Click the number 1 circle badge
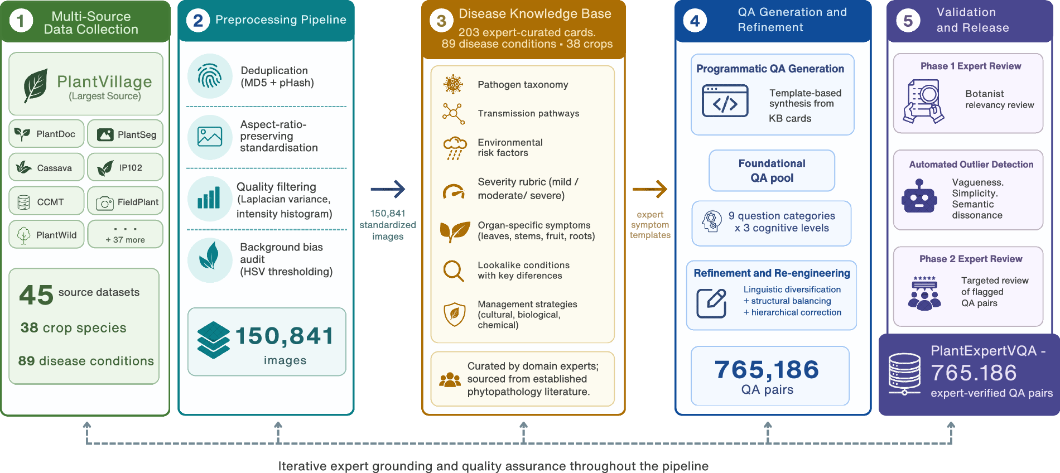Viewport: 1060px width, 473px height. tap(21, 22)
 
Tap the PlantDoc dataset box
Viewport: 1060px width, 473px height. tap(47, 134)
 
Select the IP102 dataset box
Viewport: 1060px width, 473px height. tap(125, 167)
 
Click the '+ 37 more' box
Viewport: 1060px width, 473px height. tap(125, 234)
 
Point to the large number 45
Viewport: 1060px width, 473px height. tap(36, 295)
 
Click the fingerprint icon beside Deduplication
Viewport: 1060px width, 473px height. tap(210, 76)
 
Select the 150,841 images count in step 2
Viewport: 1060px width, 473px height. tap(285, 336)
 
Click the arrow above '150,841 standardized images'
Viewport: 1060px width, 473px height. tap(388, 189)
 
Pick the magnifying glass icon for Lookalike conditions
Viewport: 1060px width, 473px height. tap(454, 271)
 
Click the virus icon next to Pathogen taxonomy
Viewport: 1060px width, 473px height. tap(453, 84)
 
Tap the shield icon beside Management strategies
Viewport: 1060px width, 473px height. tap(454, 314)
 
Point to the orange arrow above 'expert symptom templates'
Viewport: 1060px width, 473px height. tap(650, 189)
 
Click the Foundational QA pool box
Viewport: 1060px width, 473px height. tap(772, 171)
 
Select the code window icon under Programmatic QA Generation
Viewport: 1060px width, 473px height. tap(725, 101)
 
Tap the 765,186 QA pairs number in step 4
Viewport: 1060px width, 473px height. tap(767, 369)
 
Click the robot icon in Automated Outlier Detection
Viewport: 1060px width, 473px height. tap(919, 196)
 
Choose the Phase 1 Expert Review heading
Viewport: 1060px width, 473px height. tap(971, 66)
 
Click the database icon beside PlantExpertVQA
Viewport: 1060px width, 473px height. tap(904, 374)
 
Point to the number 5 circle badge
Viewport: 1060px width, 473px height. tap(908, 21)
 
